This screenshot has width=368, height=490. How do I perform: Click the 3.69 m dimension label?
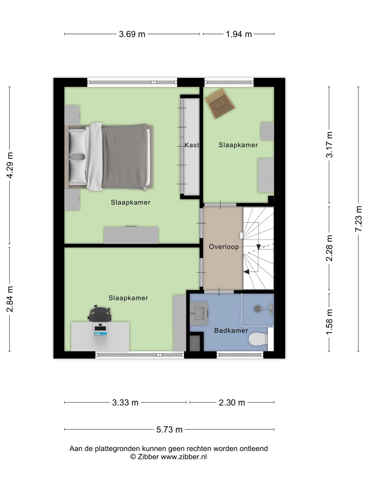click(132, 34)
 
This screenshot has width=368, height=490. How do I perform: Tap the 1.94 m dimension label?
click(239, 34)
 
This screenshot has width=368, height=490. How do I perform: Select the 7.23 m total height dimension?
click(359, 219)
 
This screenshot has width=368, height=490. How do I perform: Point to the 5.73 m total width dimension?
click(169, 430)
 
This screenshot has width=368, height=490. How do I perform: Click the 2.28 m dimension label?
click(329, 248)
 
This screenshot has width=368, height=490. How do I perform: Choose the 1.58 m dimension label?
click(329, 322)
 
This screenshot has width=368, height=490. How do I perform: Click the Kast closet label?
click(192, 145)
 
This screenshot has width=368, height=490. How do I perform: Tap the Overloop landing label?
click(224, 247)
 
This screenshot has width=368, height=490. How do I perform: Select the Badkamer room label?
click(231, 330)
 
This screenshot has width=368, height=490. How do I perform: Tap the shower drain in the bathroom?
click(257, 309)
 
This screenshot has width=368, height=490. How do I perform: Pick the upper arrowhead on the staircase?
click(258, 247)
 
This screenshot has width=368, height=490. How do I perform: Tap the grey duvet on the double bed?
click(124, 157)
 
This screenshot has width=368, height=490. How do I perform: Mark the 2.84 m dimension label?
click(10, 299)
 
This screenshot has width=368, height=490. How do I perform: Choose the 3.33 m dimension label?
click(125, 403)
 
